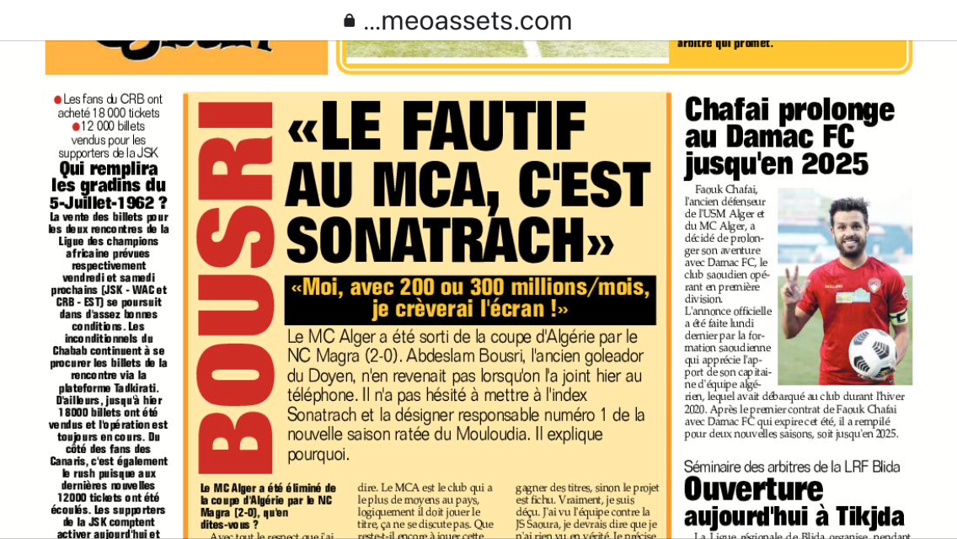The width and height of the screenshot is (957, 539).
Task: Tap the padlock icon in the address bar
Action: coord(349,20)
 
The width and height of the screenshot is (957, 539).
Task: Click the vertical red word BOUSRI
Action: coord(236,286)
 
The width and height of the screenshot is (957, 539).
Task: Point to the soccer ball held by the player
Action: coord(872,352)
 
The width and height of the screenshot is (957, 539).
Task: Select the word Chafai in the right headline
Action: coord(729,110)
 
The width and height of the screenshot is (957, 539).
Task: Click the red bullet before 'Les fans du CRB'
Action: coord(58,99)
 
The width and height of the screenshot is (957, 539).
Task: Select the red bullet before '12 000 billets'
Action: coord(76,126)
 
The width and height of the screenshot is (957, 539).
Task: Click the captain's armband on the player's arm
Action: coord(898,318)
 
